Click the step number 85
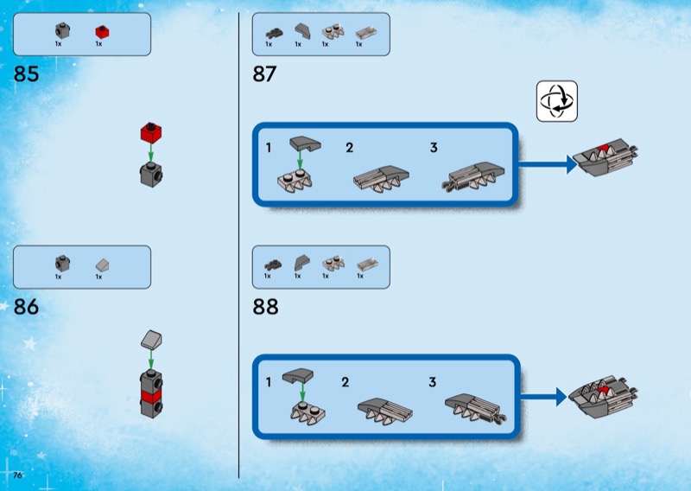(x=27, y=75)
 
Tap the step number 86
(x=27, y=307)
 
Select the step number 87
(x=264, y=75)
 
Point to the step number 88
(x=265, y=307)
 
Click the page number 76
(x=17, y=475)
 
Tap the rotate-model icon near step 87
(x=556, y=101)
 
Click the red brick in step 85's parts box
(x=100, y=32)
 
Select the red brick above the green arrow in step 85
(x=151, y=134)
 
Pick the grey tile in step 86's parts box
(x=100, y=264)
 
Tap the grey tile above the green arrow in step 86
(x=152, y=341)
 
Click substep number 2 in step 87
(x=349, y=148)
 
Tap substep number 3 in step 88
(x=433, y=381)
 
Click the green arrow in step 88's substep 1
(x=302, y=393)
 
